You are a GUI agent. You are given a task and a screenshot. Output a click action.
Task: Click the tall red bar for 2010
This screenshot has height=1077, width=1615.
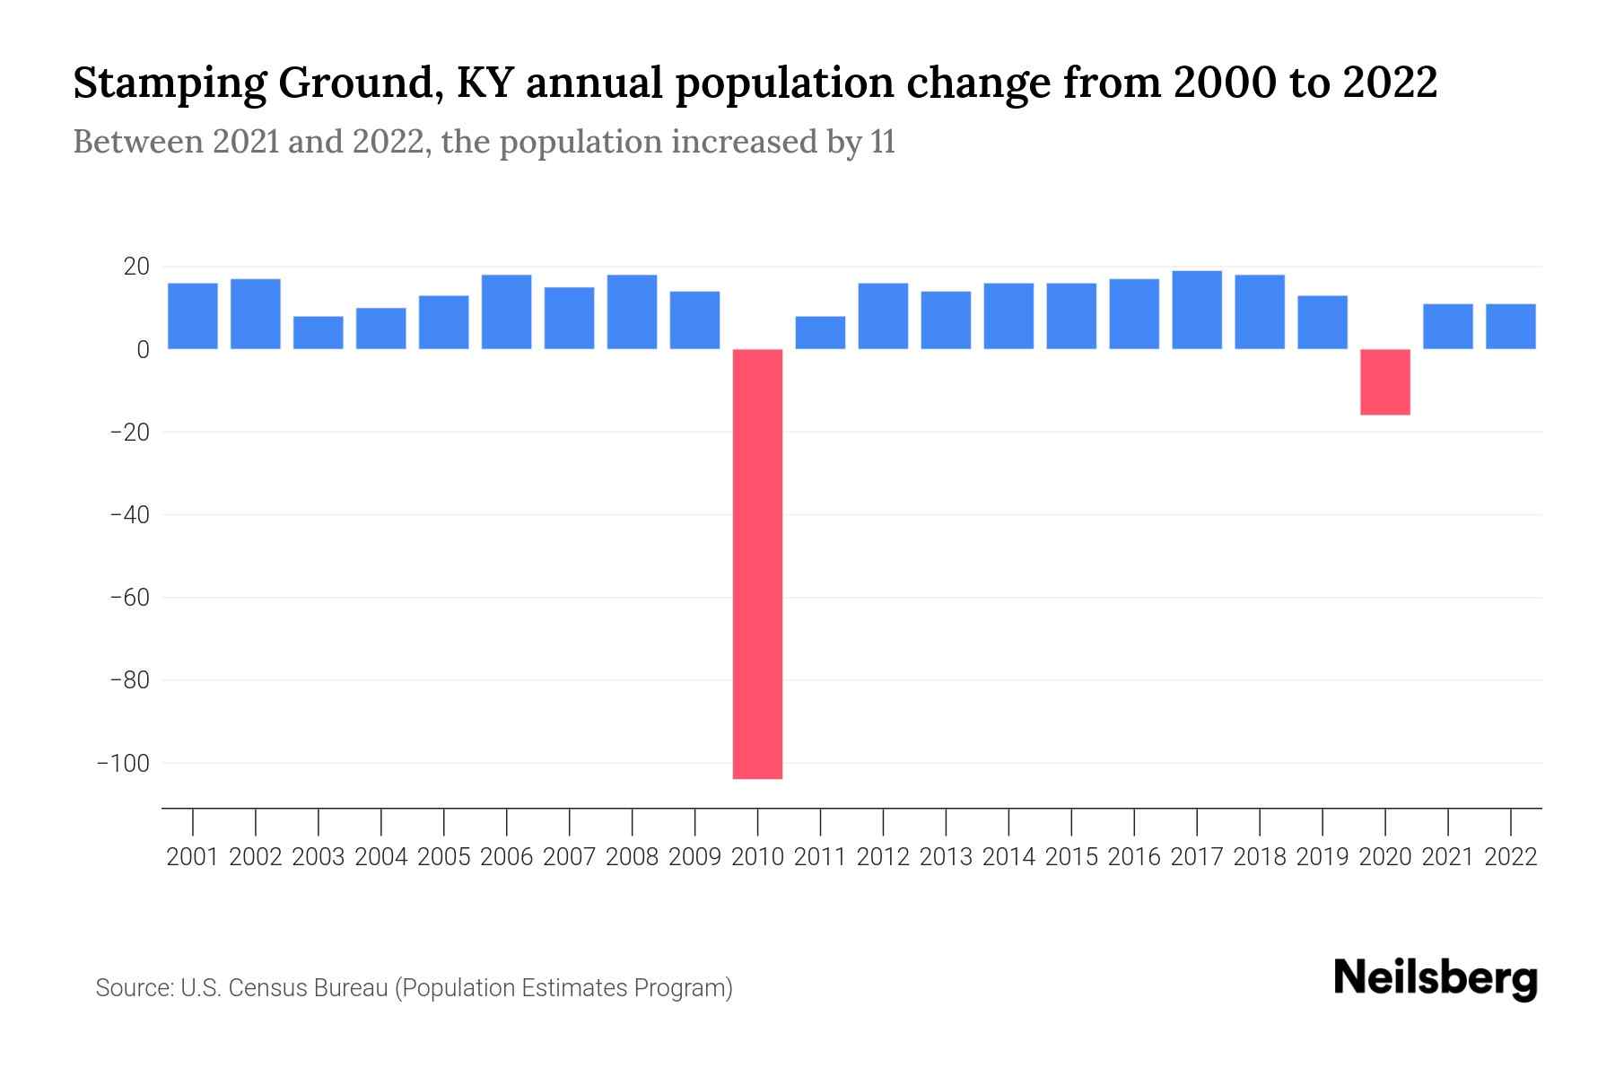pos(757,564)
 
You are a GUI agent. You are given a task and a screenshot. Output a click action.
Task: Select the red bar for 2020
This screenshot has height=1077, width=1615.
pos(1384,381)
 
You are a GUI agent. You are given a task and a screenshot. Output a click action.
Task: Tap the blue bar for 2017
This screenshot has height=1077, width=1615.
pos(1196,310)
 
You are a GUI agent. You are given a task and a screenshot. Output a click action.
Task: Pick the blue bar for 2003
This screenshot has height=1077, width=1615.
pos(318,332)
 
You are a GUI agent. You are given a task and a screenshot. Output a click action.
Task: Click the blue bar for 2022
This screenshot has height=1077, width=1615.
pos(1510,326)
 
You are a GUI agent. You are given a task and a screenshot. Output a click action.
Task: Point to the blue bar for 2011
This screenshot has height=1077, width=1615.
pos(820,332)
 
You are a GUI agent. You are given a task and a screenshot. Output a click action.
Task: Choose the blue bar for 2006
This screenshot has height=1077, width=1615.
pos(506,311)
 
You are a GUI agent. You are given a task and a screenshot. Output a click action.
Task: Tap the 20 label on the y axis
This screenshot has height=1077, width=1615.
pos(136,267)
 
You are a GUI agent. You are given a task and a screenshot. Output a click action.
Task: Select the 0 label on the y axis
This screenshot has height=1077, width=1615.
pos(143,350)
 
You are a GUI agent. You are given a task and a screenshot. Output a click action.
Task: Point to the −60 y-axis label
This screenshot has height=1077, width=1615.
pos(128,598)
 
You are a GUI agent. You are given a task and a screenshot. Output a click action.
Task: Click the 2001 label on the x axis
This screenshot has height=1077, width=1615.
pos(193,857)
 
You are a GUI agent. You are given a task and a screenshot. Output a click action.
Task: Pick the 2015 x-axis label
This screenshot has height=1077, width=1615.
pos(1071,857)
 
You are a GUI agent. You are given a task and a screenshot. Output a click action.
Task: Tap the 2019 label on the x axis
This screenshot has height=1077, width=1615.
pos(1322,857)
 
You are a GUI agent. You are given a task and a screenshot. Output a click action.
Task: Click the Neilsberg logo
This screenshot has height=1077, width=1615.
pos(1435,978)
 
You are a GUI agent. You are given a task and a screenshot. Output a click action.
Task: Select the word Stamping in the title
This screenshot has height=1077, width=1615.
pos(168,84)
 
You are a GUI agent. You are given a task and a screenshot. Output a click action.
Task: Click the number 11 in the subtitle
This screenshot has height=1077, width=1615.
pos(882,143)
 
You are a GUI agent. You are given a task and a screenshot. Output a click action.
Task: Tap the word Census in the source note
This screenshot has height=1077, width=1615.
pos(270,988)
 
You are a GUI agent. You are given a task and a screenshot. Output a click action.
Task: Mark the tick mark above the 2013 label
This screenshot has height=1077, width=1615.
pos(946,821)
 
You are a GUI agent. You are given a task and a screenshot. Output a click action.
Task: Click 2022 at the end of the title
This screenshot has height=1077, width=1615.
pos(1389,83)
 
